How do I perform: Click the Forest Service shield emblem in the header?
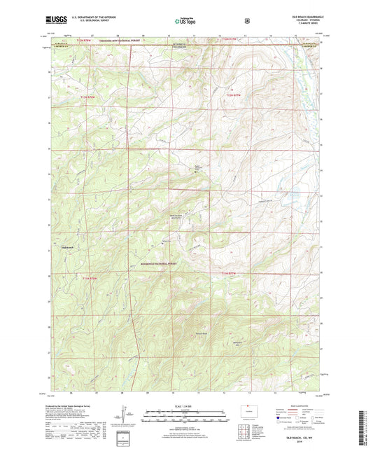coord(247,21)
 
